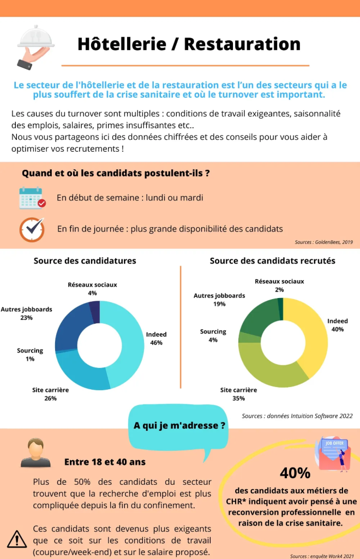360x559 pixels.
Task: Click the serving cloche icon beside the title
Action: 34,46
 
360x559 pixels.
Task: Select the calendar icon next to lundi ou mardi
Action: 32,198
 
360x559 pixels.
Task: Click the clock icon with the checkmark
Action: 32,229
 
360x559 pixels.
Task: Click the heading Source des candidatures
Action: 85,261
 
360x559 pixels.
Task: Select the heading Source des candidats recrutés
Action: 273,261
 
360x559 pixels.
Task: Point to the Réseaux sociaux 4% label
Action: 92,289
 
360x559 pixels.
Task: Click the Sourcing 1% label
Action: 30,354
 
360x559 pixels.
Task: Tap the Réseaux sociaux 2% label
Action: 279,285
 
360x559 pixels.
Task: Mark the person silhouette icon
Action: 35,453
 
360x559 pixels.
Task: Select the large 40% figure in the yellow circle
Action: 295,473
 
